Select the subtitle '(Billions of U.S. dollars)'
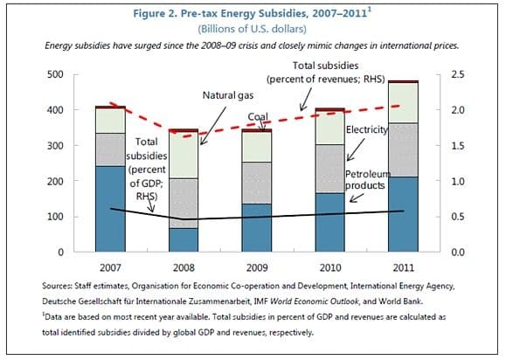[x=253, y=28]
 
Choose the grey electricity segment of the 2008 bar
[x=183, y=203]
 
